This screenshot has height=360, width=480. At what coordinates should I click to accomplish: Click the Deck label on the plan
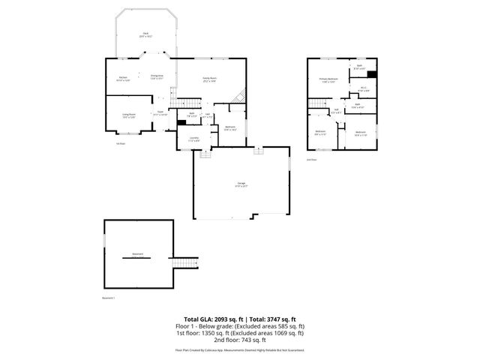coord(147,34)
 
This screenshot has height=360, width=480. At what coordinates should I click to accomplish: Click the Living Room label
coord(128,115)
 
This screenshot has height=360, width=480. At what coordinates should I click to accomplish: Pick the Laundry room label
coord(193,139)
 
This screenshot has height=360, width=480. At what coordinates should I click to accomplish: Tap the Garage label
coord(241,184)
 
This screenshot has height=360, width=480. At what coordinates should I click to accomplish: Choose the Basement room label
coord(137,254)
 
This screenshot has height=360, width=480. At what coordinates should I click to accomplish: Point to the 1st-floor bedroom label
coord(230,127)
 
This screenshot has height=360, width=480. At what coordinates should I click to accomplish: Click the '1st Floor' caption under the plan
coord(120,143)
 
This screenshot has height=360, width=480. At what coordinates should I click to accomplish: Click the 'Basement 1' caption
coord(109,298)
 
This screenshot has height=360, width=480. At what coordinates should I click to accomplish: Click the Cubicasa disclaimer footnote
coord(240,349)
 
